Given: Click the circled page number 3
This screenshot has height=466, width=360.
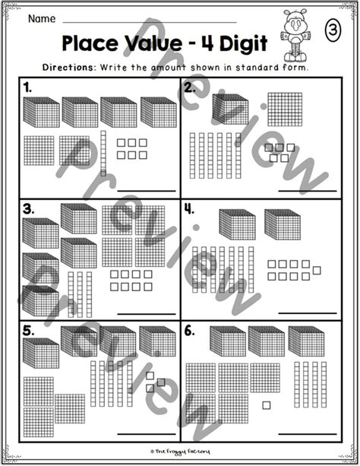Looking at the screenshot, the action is coord(333,30).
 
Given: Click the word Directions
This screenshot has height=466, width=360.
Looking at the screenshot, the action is coord(68,67).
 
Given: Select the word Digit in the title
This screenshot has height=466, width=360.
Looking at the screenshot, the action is coord(244,44).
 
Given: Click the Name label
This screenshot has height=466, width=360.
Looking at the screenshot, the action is coord(42,19).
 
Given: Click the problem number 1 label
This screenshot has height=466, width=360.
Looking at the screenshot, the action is coord(27,88).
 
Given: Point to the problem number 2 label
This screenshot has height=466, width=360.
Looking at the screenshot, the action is coord(189,88).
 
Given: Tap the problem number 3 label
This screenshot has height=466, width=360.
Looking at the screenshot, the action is coord(29,210).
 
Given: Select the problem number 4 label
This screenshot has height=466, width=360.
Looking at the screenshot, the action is coord(189,210).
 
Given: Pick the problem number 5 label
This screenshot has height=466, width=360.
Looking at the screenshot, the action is coord(29,331).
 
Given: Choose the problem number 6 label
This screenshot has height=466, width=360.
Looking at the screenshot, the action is coord(189,331).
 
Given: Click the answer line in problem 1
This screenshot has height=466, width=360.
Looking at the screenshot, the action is coord(147,191).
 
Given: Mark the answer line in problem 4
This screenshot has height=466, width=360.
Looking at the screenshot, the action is coord(308,313).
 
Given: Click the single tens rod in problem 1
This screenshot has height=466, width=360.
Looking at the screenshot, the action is coord(103,154).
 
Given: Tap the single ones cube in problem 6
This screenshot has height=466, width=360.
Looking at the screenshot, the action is coord(267,405).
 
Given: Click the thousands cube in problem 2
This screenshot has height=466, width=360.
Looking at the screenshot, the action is coord(230,109).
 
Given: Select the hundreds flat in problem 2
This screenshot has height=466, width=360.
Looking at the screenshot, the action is coord(285,109).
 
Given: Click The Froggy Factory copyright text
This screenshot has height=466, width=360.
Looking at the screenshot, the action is coord(180,452).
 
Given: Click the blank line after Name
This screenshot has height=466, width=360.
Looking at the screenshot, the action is coord(150,22).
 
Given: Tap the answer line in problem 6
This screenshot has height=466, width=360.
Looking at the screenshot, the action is coord(308,434).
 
